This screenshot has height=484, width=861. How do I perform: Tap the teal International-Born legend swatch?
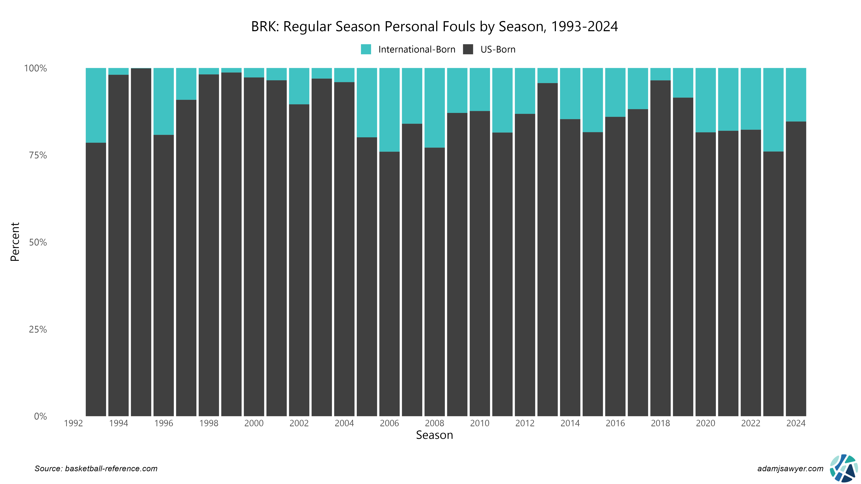(x=366, y=49)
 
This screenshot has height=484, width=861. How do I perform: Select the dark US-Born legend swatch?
(x=468, y=49)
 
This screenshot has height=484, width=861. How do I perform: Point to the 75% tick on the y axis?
(x=38, y=155)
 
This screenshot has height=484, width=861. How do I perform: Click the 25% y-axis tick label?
(x=38, y=329)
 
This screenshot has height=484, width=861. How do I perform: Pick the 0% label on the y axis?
(x=40, y=416)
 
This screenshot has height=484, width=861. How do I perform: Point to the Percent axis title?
(x=15, y=242)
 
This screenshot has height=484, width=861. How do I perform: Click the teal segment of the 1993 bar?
(x=96, y=105)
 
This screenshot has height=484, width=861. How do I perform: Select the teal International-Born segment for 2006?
(x=389, y=110)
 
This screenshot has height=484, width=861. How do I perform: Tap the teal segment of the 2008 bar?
(x=434, y=108)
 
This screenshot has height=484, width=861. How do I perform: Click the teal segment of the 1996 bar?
(x=164, y=101)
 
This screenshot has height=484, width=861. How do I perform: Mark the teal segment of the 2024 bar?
(x=796, y=94)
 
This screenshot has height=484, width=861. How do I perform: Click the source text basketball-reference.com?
(x=96, y=469)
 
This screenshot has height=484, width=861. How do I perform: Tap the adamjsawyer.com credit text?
(x=790, y=469)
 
